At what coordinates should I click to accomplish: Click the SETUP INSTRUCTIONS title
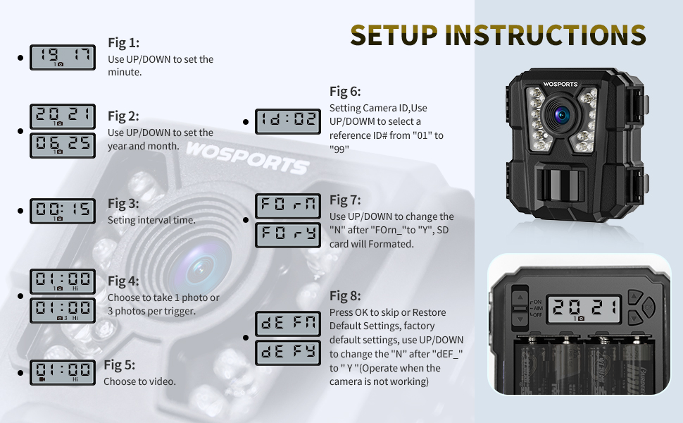[498, 35]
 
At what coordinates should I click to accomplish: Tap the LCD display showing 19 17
[63, 58]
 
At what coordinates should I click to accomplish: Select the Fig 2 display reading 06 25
[63, 145]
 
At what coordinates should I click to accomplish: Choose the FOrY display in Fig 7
[287, 235]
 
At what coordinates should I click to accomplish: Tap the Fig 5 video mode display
[63, 372]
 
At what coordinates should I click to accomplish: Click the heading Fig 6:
[345, 92]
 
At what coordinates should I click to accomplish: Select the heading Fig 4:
[123, 281]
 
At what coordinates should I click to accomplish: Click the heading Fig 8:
[345, 296]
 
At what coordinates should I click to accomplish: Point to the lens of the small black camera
[564, 114]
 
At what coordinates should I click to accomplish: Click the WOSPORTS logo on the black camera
[560, 85]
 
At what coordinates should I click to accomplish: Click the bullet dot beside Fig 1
[20, 58]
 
